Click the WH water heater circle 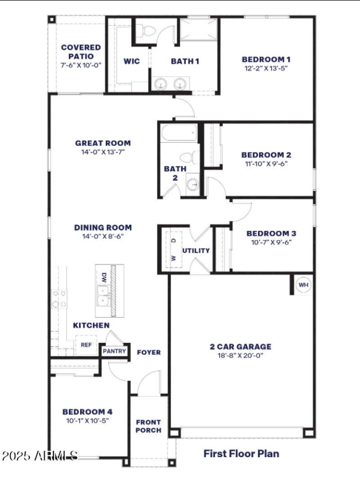(x=303, y=285)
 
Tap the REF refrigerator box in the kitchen (x=86, y=345)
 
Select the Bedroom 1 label (x=266, y=59)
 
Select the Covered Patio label (x=81, y=52)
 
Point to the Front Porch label (x=148, y=426)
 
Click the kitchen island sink (x=103, y=295)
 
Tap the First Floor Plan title (x=241, y=453)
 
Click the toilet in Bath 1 (x=147, y=31)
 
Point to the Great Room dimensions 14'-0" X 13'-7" (x=103, y=152)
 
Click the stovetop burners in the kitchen (x=59, y=299)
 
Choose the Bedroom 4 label (x=87, y=412)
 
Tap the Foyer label (x=148, y=352)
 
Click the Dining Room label (x=103, y=227)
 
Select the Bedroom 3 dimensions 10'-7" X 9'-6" (x=271, y=242)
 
